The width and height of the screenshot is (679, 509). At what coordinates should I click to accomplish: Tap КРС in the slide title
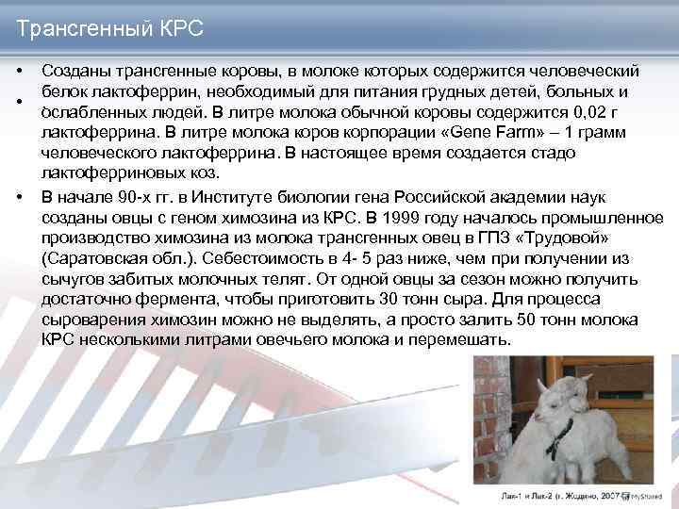[x=180, y=29]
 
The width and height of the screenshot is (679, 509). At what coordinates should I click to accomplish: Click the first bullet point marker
[x=19, y=73]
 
